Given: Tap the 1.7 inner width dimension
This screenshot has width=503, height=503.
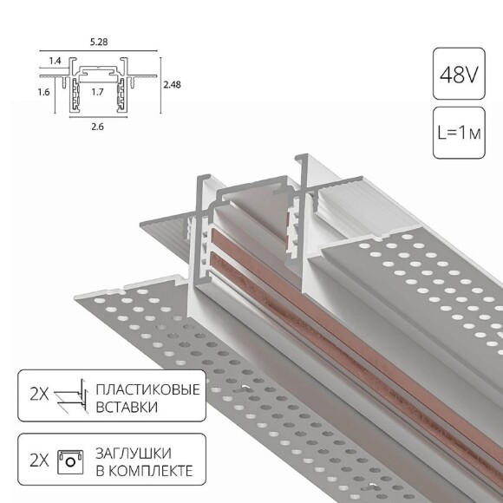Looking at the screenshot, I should coord(97,89).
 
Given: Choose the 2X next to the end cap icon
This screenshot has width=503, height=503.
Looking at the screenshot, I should coord(37,461).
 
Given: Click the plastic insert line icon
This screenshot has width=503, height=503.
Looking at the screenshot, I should coord(71,396).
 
